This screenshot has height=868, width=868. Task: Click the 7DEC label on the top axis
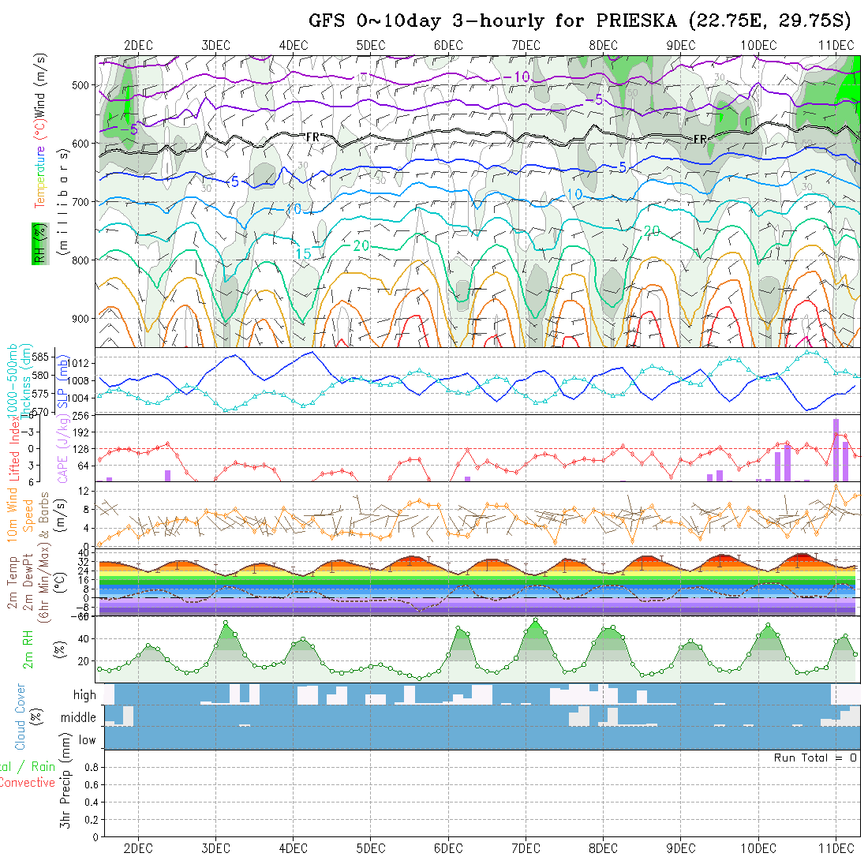(526, 45)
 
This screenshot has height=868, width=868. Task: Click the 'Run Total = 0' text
(815, 758)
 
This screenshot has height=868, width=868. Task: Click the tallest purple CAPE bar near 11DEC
(836, 449)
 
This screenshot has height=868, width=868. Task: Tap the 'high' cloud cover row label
(84, 695)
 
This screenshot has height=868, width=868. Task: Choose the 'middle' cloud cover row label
(79, 718)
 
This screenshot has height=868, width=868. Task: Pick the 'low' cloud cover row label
(87, 740)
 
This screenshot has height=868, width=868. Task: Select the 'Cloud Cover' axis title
(21, 716)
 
